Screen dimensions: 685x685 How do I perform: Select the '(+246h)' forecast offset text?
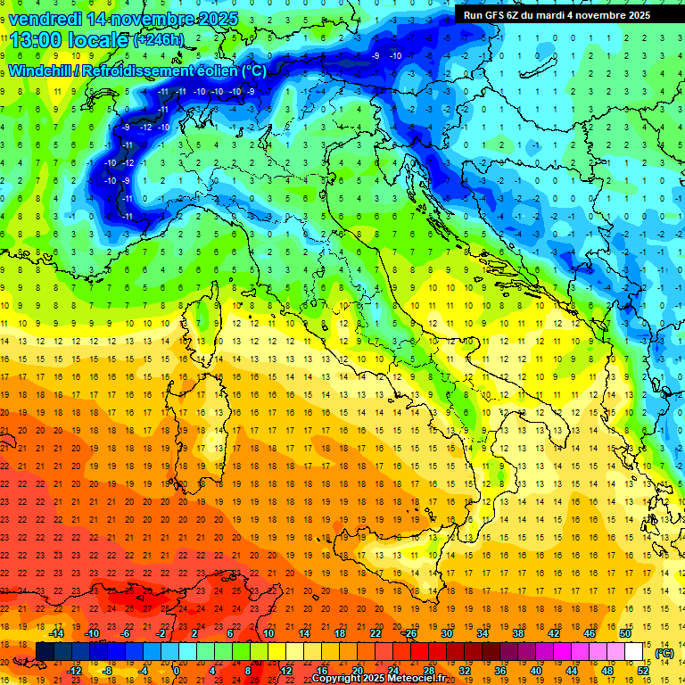coord(160,40)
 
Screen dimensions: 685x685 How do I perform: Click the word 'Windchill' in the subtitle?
coord(41,70)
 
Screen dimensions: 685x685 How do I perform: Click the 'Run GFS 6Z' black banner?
coord(557,14)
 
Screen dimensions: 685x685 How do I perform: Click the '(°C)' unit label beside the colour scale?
coord(664,653)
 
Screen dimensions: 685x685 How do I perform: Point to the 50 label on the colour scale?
coord(625,632)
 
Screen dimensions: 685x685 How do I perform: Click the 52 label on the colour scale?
coord(643,670)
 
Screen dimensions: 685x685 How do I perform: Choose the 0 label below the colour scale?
coord(177,670)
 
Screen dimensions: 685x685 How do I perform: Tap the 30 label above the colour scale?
coord(446,632)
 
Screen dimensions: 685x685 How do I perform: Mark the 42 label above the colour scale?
coord(553,632)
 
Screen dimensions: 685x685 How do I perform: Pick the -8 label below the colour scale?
coord(108,670)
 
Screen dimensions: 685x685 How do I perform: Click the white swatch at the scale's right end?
coord(634,651)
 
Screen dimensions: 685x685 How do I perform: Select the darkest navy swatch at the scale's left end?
coord(45,651)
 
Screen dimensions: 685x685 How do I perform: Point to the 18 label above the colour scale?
coord(339,632)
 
